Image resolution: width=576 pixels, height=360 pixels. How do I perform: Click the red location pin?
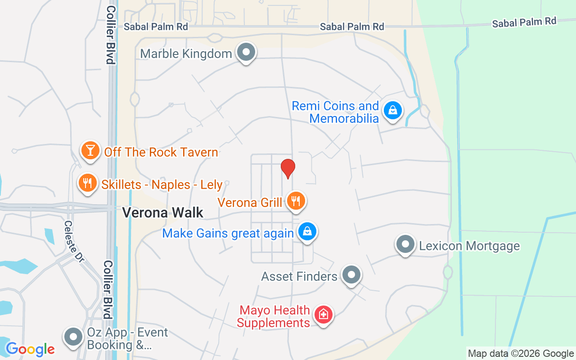[288, 168]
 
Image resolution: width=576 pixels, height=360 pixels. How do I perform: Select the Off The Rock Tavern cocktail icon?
[90, 150]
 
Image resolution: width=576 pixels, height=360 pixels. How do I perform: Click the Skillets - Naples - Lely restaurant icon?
[88, 183]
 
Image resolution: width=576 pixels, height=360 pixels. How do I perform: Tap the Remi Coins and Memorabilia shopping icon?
[393, 110]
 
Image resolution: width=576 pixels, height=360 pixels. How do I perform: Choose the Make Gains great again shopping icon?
[307, 231]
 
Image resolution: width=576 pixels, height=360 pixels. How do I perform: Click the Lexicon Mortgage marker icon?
[405, 244]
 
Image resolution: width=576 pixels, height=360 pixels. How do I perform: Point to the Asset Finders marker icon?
[351, 274]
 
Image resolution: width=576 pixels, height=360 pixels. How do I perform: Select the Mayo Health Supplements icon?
[323, 314]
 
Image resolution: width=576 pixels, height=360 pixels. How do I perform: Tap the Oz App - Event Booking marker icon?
[73, 336]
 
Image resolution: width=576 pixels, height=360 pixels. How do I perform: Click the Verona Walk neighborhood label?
[163, 212]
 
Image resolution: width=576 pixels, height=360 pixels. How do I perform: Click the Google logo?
[30, 349]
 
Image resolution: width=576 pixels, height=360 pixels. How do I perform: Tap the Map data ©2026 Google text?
[521, 353]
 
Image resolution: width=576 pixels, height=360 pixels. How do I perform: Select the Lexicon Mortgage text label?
[469, 246]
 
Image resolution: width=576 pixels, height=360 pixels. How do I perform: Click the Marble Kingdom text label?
[186, 54]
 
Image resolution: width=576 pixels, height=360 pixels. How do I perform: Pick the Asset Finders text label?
[299, 276]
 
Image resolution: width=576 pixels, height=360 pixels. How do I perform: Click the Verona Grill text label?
[250, 202]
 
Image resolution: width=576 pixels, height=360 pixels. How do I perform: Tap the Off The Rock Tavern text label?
[161, 152]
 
